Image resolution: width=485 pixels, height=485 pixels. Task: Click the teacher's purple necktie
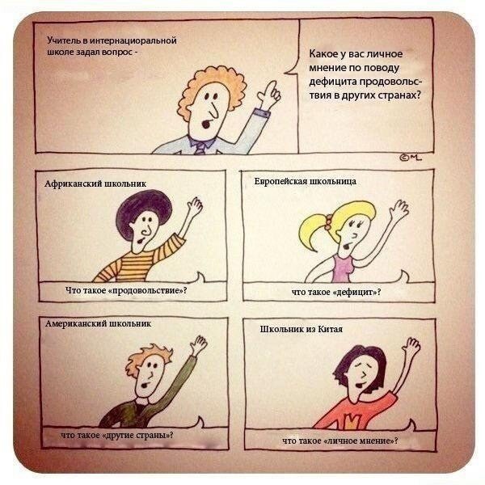point(200,149)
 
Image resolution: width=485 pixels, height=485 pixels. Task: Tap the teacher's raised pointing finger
point(272,86)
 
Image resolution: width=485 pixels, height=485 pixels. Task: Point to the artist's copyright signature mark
point(411,158)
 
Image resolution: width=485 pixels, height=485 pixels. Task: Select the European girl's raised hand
point(399,209)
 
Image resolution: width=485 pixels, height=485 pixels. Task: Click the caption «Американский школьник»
point(98,323)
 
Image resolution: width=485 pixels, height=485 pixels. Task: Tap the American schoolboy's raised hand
point(198,344)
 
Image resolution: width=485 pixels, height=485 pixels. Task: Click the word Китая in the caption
point(331,329)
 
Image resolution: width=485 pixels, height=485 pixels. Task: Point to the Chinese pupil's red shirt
point(356,413)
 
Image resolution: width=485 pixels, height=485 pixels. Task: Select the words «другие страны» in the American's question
point(135,435)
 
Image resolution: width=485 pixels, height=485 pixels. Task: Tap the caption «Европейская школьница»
point(306,181)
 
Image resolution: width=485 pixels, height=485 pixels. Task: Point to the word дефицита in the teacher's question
point(333,82)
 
